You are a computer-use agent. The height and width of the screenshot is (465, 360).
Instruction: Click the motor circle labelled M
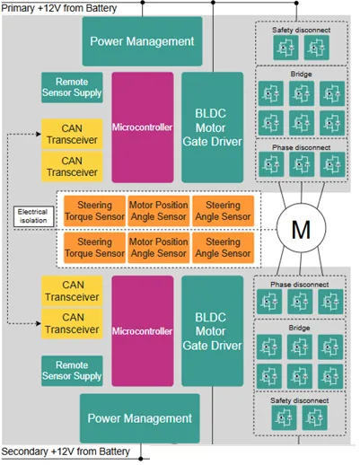coord(301,229)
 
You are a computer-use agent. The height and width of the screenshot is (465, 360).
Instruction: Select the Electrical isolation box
coord(34,216)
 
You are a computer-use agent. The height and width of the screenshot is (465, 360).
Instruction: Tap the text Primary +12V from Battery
coord(59,8)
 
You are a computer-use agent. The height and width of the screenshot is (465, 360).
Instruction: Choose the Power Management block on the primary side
coord(142,41)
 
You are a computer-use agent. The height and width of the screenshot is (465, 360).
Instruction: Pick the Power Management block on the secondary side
coord(140,418)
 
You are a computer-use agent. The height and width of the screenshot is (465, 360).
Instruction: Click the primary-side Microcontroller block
coord(143,127)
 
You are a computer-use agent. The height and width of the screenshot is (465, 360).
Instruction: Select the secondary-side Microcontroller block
coord(143,331)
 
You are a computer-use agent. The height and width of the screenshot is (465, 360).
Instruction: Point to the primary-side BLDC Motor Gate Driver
coord(212,127)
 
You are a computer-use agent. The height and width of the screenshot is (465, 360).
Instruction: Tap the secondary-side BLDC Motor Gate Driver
coord(212,331)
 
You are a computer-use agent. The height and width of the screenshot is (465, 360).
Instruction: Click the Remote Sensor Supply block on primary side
coord(72,87)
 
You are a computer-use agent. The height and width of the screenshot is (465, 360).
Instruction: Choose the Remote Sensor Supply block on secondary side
coord(72,371)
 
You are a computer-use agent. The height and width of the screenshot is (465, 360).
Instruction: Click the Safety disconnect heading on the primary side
coord(301,30)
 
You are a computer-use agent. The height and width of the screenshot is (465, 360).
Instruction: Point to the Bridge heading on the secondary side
coord(299,328)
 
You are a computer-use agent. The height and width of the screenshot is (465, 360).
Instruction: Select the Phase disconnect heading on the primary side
coord(302,147)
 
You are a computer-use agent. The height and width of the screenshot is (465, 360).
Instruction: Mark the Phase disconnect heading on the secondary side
coord(300,285)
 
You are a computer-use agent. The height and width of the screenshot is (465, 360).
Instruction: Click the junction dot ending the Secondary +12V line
coord(141,459)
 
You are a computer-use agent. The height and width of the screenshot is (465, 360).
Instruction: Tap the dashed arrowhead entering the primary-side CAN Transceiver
coord(39,134)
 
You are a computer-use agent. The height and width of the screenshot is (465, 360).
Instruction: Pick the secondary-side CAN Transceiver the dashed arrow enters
coord(72,323)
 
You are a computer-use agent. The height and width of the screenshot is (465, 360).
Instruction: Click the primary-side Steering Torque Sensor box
coord(94,211)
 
